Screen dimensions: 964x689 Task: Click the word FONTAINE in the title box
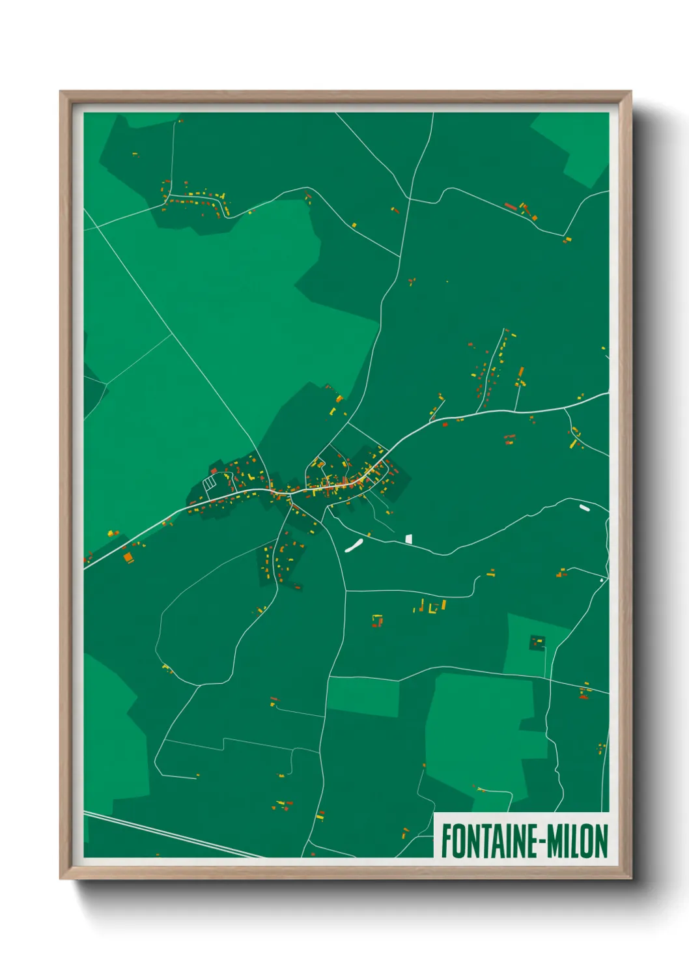point(488,841)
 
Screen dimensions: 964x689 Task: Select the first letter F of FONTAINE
point(447,841)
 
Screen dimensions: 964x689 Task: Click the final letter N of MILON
point(601,841)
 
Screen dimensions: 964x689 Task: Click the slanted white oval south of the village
point(353,546)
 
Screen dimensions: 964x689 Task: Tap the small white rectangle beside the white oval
point(408,539)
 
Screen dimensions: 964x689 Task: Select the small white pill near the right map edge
point(584,506)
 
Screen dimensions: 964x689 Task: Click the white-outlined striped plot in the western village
point(210,483)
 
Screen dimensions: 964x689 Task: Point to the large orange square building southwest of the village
point(128,557)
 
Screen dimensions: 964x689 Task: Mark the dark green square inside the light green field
point(537,643)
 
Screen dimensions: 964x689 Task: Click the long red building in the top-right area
point(511,206)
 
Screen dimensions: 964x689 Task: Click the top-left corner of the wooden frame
point(61,92)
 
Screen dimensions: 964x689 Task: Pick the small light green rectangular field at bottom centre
point(363,696)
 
